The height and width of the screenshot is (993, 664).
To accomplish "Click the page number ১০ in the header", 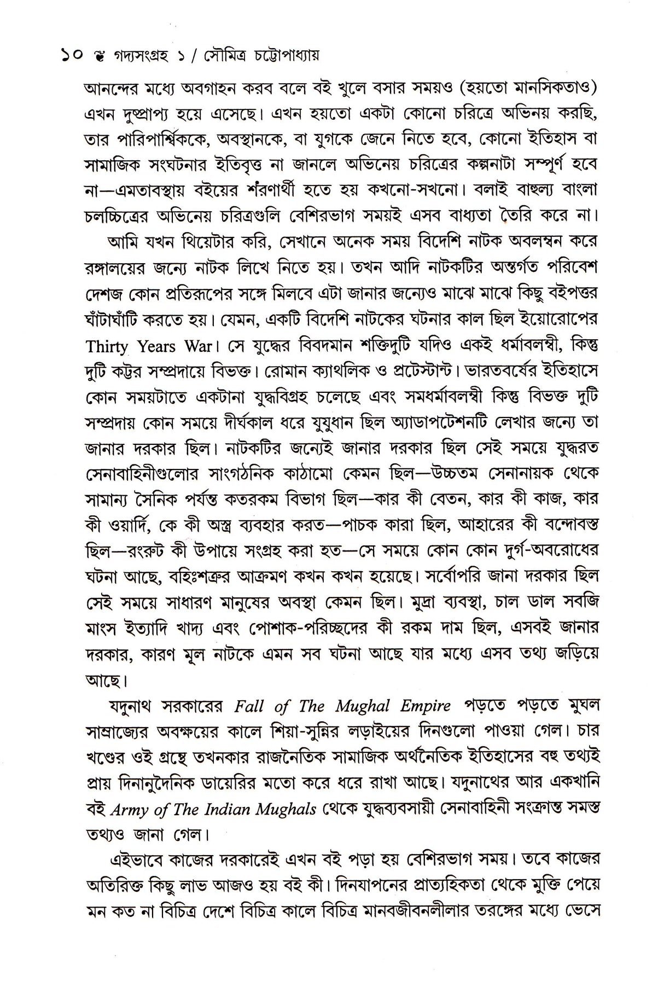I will click(71, 55).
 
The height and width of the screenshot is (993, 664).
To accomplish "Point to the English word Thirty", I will click(107, 347).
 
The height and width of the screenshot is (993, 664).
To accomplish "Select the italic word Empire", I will click(424, 706).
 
